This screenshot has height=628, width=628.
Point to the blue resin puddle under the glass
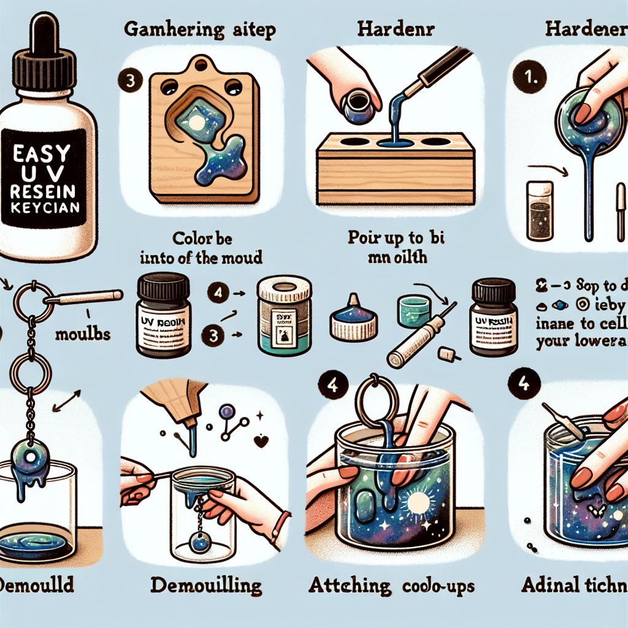click(37, 543)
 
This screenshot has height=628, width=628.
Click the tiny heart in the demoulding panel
click(263, 440)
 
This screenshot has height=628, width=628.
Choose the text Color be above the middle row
click(208, 237)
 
